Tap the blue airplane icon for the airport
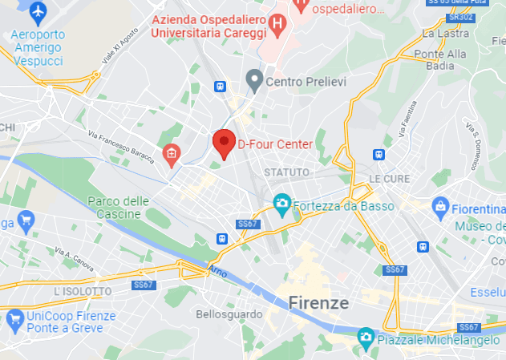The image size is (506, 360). [x=38, y=12]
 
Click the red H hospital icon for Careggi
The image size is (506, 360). [x=277, y=23]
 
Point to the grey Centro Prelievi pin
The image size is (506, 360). [x=254, y=80]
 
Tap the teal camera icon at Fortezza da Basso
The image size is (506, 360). [x=281, y=205]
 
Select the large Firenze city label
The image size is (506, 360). [x=318, y=303]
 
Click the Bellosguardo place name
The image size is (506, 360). [x=225, y=314]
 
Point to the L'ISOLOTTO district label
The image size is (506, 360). [x=83, y=291]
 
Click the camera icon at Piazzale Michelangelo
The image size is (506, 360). [x=365, y=335]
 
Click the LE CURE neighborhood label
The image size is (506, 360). [x=389, y=178]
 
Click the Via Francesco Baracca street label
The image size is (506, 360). [x=120, y=146]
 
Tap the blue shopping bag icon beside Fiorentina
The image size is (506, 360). [x=440, y=208]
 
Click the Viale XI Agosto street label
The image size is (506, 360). [x=116, y=49]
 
